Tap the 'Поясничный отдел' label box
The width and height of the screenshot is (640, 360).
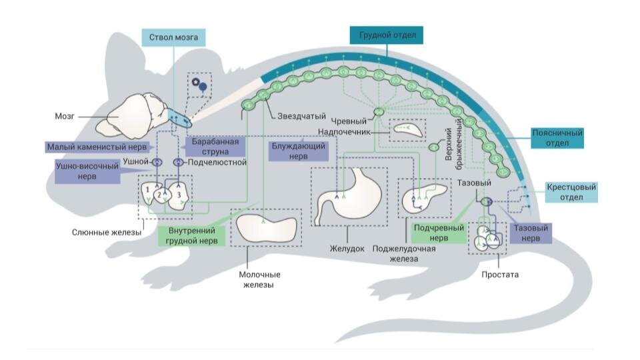(x=557, y=138)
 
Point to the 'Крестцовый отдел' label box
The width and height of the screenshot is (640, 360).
(x=571, y=193)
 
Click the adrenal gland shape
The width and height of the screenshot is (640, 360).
(x=406, y=127)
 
